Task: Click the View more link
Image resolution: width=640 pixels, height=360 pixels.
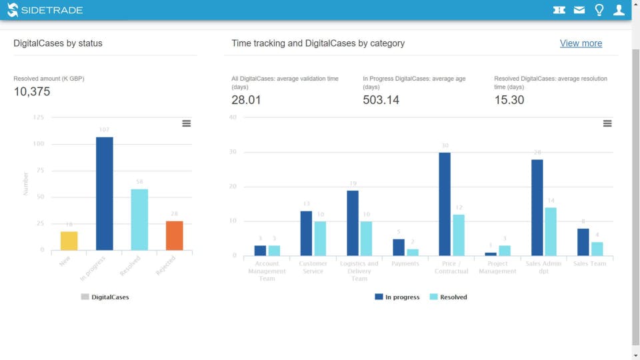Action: pyautogui.click(x=581, y=43)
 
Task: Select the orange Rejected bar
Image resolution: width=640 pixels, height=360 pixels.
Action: pyautogui.click(x=175, y=235)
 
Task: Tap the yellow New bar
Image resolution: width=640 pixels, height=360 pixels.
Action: pyautogui.click(x=69, y=241)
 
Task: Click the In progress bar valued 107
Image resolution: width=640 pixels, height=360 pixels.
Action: pyautogui.click(x=105, y=193)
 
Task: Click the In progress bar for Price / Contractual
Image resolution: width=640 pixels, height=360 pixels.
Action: pyautogui.click(x=445, y=204)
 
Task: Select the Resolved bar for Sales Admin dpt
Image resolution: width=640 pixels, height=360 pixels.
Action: pyautogui.click(x=550, y=231)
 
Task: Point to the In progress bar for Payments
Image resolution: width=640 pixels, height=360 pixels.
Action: pyautogui.click(x=399, y=247)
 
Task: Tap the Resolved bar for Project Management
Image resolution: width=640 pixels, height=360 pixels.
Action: pyautogui.click(x=504, y=251)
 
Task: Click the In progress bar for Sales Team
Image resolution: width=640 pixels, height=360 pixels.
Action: pyautogui.click(x=583, y=242)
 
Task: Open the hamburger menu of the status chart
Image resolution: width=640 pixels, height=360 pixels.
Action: pyautogui.click(x=187, y=123)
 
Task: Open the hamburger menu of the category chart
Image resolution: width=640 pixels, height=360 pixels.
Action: pyautogui.click(x=607, y=123)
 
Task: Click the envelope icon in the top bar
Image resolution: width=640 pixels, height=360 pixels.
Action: pyautogui.click(x=579, y=10)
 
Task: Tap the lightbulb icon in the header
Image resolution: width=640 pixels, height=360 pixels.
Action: pyautogui.click(x=599, y=10)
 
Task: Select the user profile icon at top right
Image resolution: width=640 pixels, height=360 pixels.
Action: pyautogui.click(x=619, y=10)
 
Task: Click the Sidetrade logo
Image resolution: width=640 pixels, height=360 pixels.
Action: pyautogui.click(x=45, y=10)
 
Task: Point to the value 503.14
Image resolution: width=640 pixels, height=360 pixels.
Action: pyautogui.click(x=381, y=100)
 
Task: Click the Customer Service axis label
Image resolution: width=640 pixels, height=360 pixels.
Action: pyautogui.click(x=313, y=267)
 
